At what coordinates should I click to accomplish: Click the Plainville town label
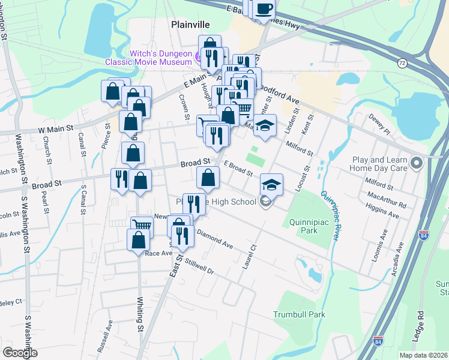(x=190, y=25)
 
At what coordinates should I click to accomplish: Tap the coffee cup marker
(x=264, y=10)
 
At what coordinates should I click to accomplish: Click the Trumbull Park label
(x=299, y=314)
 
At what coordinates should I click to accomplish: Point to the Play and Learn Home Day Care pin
(x=416, y=163)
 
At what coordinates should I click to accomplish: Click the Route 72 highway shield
(x=402, y=62)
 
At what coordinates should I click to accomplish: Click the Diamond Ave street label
(x=214, y=240)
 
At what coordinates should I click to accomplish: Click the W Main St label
(x=55, y=128)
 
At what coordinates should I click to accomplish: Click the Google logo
(x=20, y=353)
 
